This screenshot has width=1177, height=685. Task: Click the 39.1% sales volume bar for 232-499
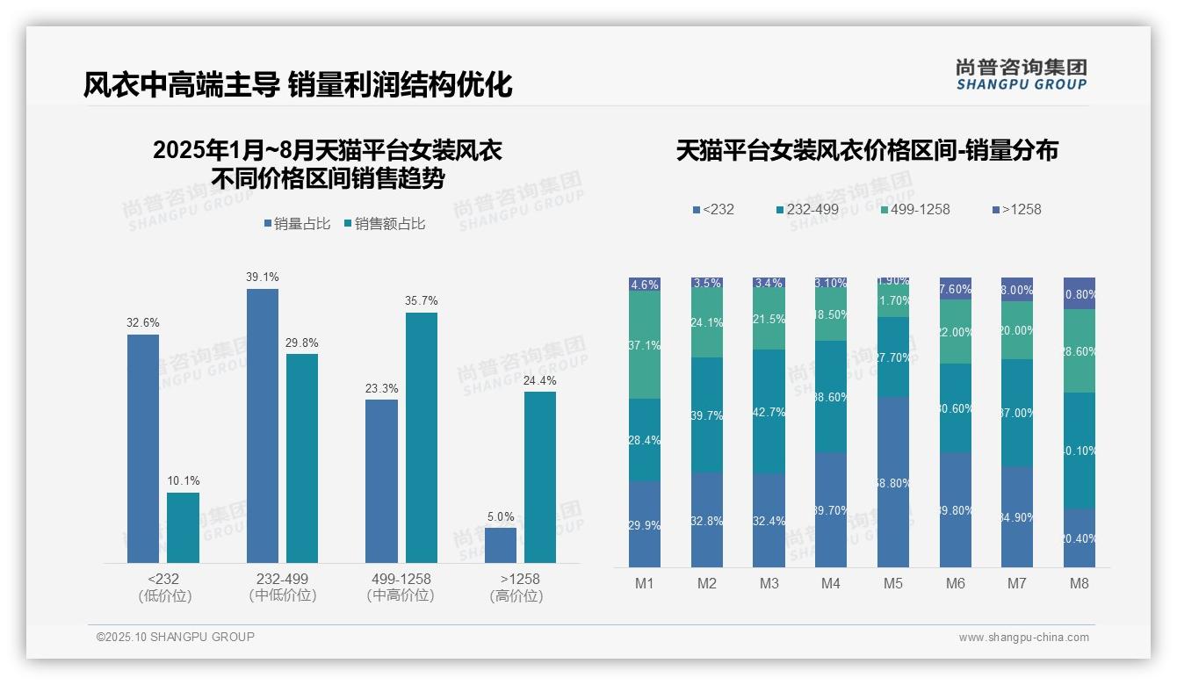(262, 426)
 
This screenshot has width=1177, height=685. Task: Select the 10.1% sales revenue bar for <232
(183, 527)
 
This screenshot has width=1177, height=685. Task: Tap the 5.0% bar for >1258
(500, 544)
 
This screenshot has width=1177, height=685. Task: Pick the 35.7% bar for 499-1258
(421, 437)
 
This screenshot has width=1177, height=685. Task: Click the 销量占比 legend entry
(296, 224)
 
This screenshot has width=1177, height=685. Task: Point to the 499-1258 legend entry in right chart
(913, 209)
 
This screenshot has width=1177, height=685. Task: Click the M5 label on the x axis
(892, 583)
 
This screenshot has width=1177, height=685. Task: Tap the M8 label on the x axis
(1079, 583)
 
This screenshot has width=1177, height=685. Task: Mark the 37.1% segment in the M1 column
(645, 345)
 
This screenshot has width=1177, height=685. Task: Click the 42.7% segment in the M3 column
(769, 412)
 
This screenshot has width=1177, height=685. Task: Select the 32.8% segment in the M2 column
(707, 520)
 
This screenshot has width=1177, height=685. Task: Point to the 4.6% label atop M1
(645, 285)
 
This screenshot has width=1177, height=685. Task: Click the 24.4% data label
(539, 380)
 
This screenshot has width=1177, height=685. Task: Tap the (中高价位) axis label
(401, 595)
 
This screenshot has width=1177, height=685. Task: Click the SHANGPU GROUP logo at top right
(1021, 74)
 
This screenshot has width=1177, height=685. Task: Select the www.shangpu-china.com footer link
(1023, 638)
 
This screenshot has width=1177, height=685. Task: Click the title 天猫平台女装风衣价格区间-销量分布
(867, 150)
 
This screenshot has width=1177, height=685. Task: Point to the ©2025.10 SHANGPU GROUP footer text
(176, 637)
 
